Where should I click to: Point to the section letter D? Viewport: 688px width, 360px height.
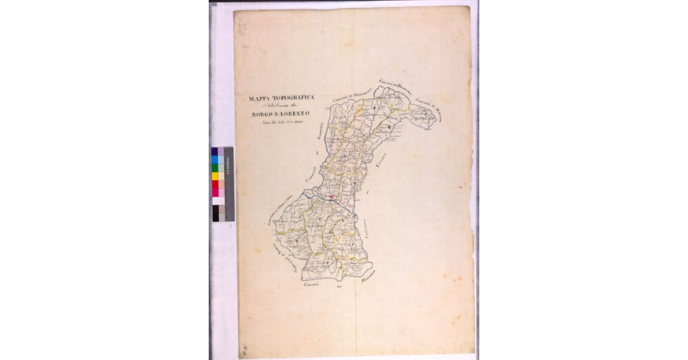pos(424,113)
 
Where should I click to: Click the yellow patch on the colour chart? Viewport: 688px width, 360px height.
pos(215,177)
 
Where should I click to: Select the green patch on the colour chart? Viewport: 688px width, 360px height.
pos(215,168)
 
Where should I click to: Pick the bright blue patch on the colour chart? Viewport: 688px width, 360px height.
pos(215,159)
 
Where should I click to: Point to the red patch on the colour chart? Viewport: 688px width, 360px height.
pos(215,185)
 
